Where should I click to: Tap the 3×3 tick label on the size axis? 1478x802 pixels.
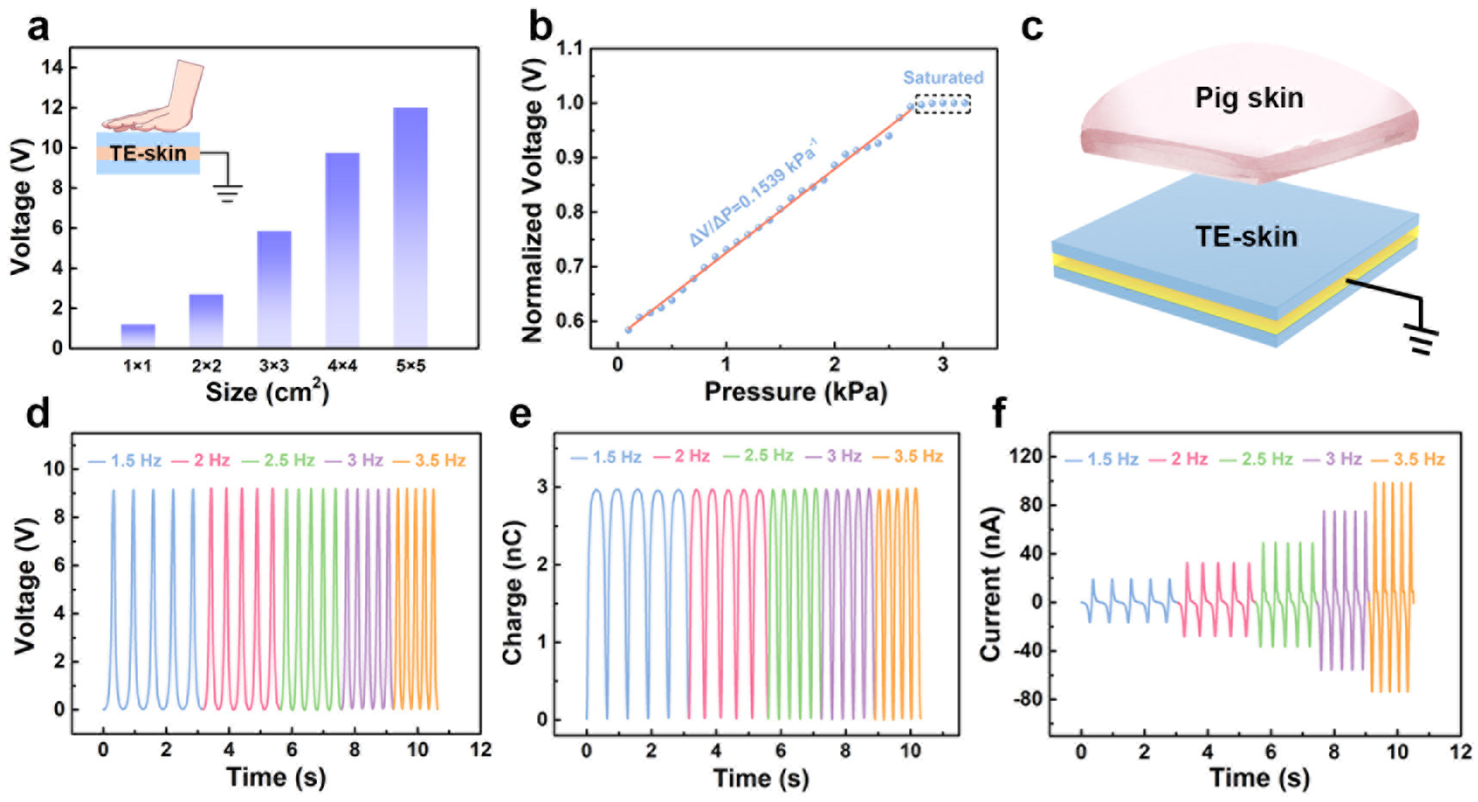click(x=274, y=366)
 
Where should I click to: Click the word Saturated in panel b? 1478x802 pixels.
click(x=943, y=78)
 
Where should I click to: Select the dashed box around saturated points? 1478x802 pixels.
click(x=943, y=104)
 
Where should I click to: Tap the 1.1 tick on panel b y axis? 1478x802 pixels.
click(x=569, y=48)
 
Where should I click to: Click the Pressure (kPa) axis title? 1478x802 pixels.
click(x=796, y=392)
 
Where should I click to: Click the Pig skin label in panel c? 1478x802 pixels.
click(x=1249, y=98)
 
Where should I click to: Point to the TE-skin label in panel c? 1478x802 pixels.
click(x=1246, y=236)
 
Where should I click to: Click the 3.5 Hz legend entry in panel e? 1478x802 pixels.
click(x=908, y=457)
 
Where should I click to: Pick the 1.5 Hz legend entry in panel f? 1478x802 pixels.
click(x=1102, y=459)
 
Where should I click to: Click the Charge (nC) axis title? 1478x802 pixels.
click(x=512, y=593)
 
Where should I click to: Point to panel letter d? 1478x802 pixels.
click(x=38, y=414)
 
